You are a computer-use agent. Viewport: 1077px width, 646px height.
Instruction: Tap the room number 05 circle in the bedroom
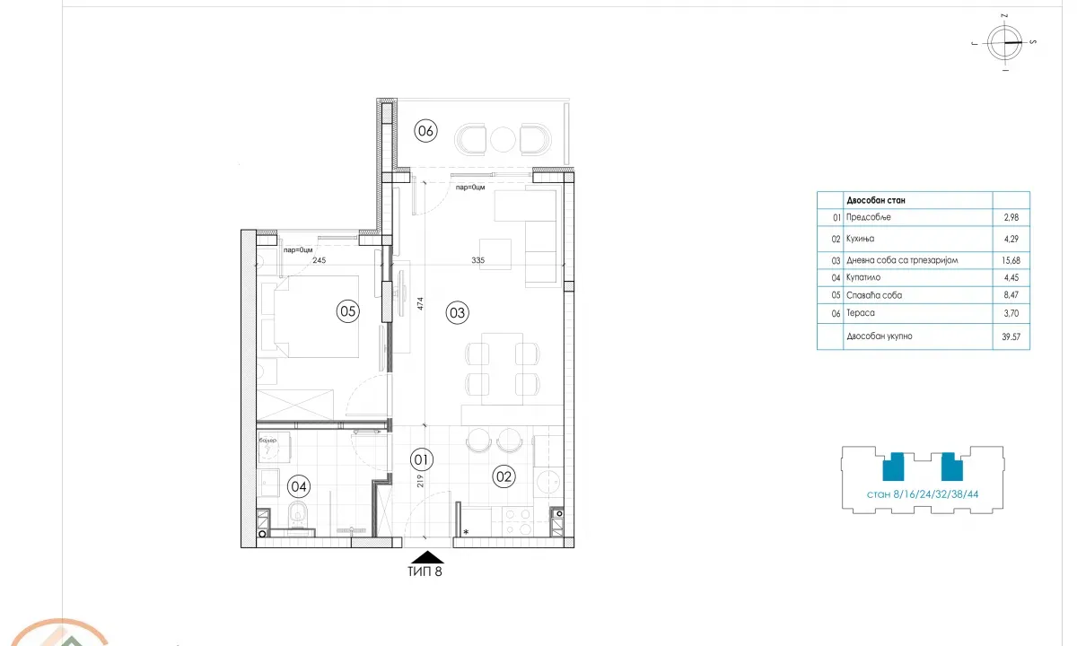347,311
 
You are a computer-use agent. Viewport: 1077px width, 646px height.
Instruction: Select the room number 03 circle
457,313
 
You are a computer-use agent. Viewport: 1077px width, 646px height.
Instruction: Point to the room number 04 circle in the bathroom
299,487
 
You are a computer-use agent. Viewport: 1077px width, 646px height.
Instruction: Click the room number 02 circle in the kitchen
504,477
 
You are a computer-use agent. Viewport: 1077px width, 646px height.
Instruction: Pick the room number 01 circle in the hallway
422,460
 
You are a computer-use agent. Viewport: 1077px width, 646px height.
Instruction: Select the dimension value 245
318,260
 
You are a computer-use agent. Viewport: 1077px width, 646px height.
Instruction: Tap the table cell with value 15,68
1011,260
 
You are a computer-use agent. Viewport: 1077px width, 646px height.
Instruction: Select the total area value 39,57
1011,336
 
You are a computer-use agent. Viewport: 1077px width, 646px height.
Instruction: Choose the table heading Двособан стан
875,201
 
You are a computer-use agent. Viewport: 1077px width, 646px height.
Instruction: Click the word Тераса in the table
861,312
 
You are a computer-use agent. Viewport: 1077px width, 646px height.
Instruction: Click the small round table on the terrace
503,139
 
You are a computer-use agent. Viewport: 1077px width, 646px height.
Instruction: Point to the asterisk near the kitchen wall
466,532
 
